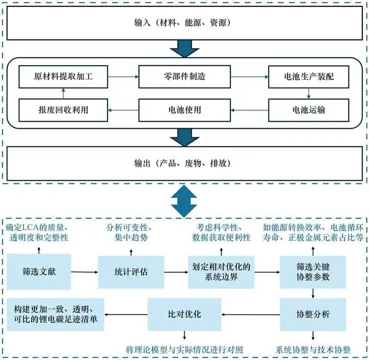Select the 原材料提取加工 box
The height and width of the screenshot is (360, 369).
coord(64,77)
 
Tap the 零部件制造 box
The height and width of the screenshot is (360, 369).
coord(184,77)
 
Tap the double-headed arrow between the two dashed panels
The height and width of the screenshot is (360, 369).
coord(184,199)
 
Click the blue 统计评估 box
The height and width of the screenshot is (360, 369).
coord(129,271)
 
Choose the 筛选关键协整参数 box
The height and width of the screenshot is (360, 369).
coord(312,271)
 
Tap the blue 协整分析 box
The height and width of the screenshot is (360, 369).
coord(312,314)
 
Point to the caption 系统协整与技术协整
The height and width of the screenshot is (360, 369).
coord(313,349)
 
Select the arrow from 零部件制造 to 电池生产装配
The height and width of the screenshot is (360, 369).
coord(248,77)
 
